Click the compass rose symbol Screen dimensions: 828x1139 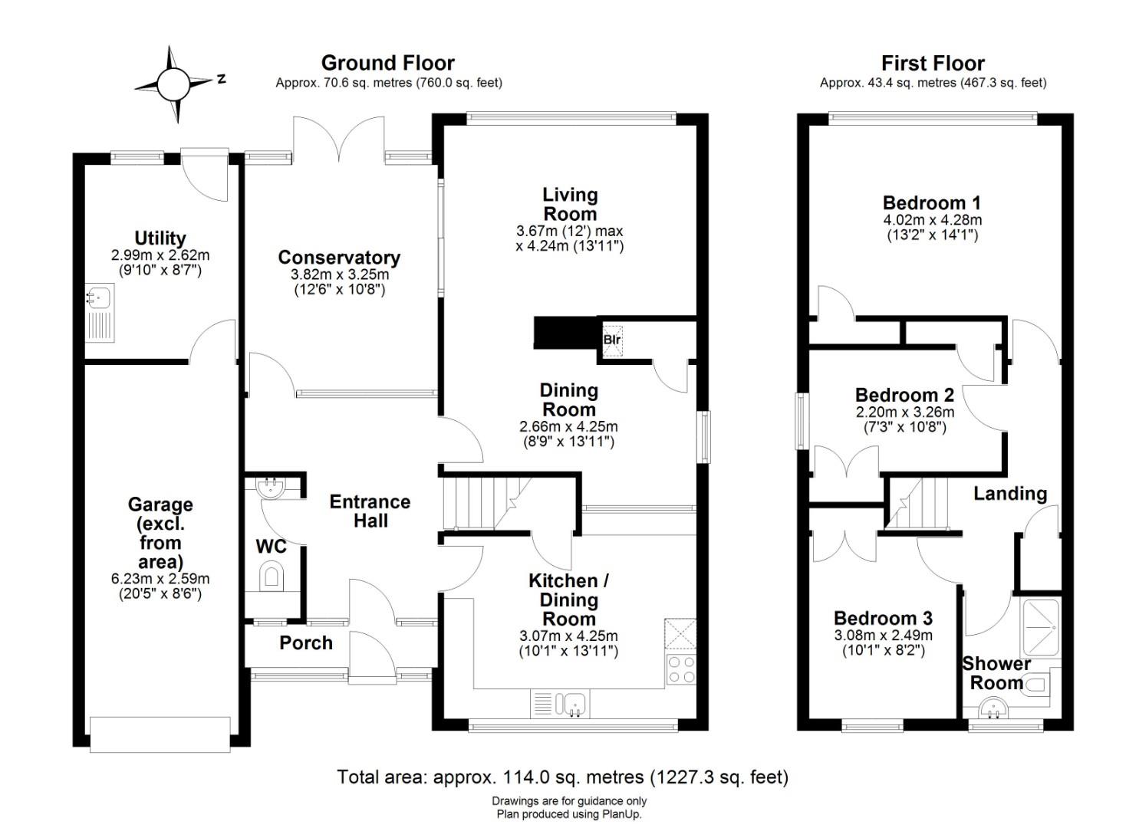pyautogui.click(x=174, y=83)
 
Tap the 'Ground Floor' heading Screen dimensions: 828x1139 pyautogui.click(x=387, y=63)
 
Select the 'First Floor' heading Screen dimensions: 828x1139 pyautogui.click(x=933, y=63)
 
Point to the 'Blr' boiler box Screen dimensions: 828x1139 pyautogui.click(x=611, y=339)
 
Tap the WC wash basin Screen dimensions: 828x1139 pyautogui.click(x=269, y=488)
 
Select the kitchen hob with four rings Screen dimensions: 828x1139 pyautogui.click(x=680, y=669)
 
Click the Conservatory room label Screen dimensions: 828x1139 pyautogui.click(x=339, y=258)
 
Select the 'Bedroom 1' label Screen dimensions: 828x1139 pyautogui.click(x=931, y=203)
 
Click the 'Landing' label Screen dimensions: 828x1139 pyautogui.click(x=1010, y=494)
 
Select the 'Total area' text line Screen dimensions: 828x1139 pyautogui.click(x=562, y=777)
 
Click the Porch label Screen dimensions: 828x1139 pyautogui.click(x=306, y=643)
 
